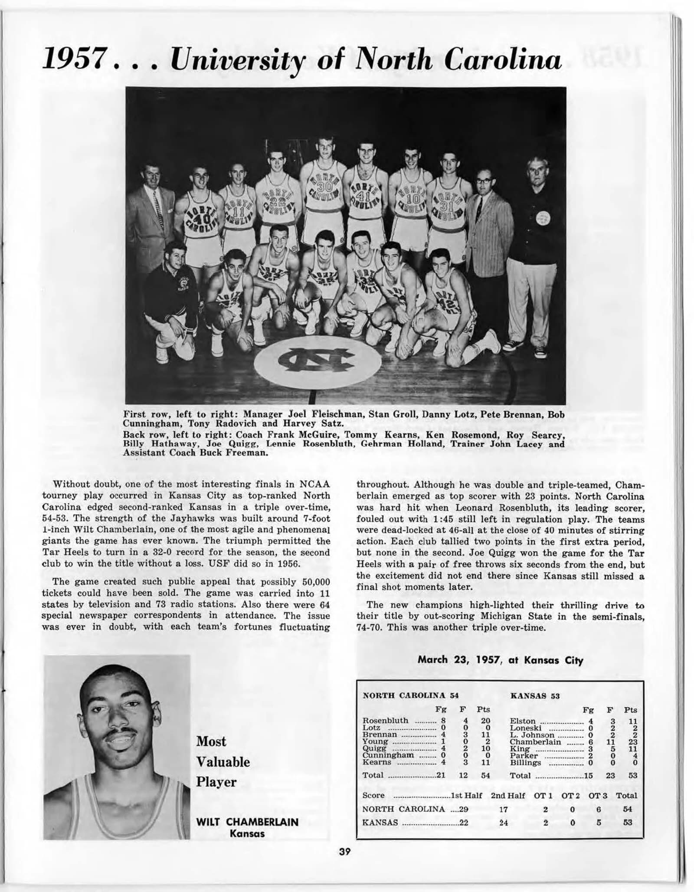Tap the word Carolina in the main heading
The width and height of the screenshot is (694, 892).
(x=503, y=59)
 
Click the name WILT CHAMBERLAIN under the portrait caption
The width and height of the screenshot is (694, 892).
(x=247, y=822)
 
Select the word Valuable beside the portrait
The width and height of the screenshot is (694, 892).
(x=223, y=762)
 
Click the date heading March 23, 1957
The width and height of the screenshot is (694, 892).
(x=500, y=660)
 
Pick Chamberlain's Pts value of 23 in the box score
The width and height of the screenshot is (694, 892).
(x=632, y=741)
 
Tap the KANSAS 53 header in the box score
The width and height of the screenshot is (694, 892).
(x=535, y=696)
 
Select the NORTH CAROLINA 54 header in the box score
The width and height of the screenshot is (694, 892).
(x=410, y=695)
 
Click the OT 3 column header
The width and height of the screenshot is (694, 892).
(x=598, y=795)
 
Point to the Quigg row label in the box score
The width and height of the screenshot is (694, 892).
(x=374, y=748)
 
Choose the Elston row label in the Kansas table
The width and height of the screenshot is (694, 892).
(x=523, y=721)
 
